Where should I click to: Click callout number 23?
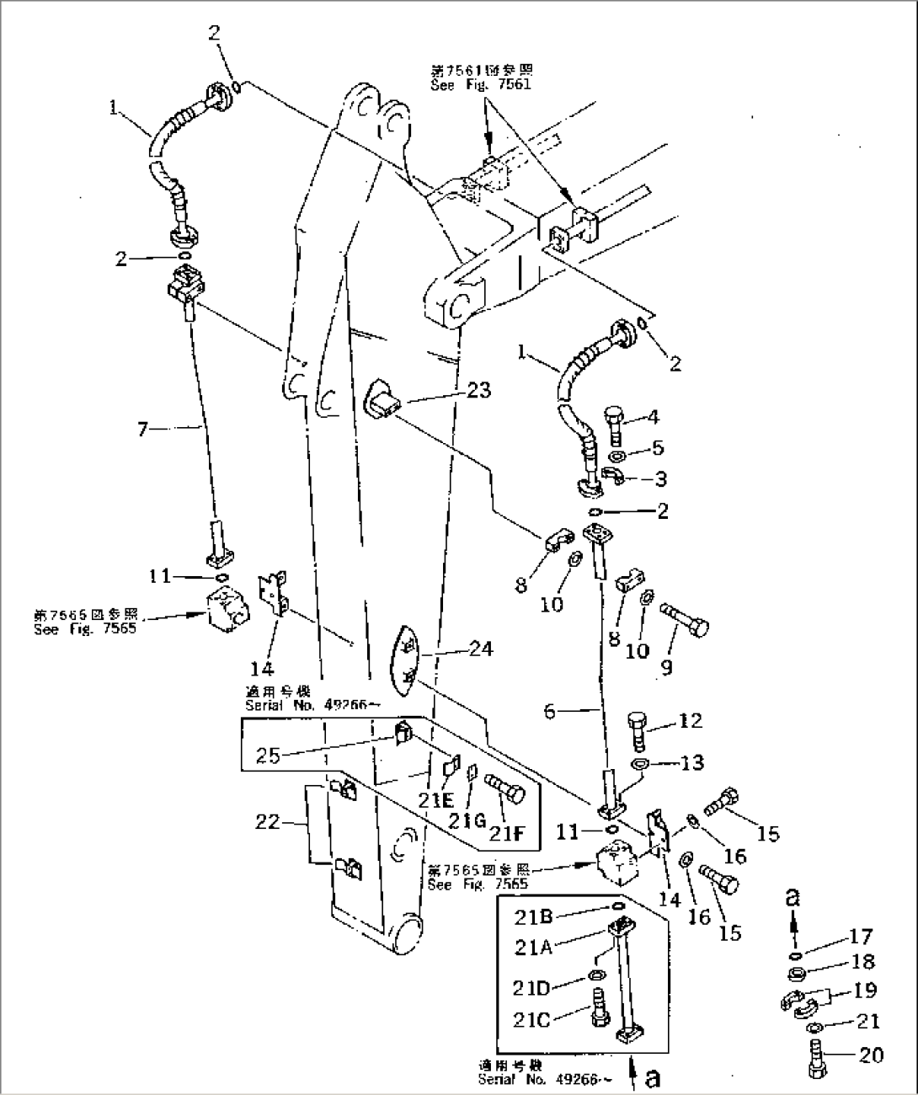tap(478, 391)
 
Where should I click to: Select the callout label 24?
tap(480, 649)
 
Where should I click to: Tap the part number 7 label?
tap(142, 430)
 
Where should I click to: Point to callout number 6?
tap(548, 711)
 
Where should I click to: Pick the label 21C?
tap(531, 1020)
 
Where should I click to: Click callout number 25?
tap(268, 756)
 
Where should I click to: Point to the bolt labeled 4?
tap(612, 425)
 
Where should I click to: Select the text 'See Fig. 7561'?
tap(481, 85)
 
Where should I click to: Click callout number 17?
tap(861, 936)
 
